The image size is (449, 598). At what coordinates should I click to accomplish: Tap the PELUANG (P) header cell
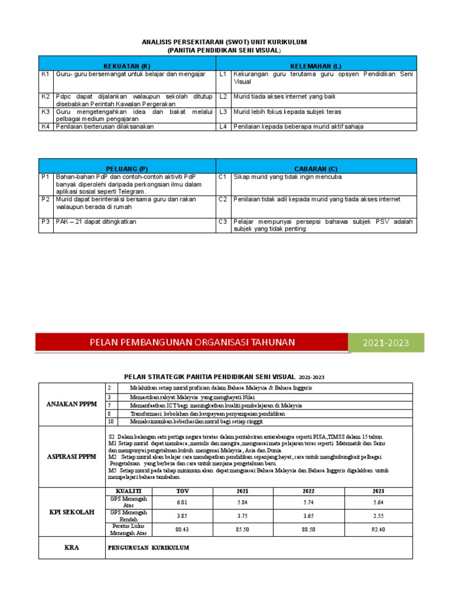127,166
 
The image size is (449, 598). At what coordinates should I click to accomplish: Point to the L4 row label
223,126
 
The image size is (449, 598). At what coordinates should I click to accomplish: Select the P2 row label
46,199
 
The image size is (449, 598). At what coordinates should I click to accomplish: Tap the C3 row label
223,222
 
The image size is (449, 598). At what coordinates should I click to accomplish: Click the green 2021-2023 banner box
386,343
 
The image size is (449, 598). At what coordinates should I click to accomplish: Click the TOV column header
183,491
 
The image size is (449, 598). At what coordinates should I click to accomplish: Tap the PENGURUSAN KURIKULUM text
149,548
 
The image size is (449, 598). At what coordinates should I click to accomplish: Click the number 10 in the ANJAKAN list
110,421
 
